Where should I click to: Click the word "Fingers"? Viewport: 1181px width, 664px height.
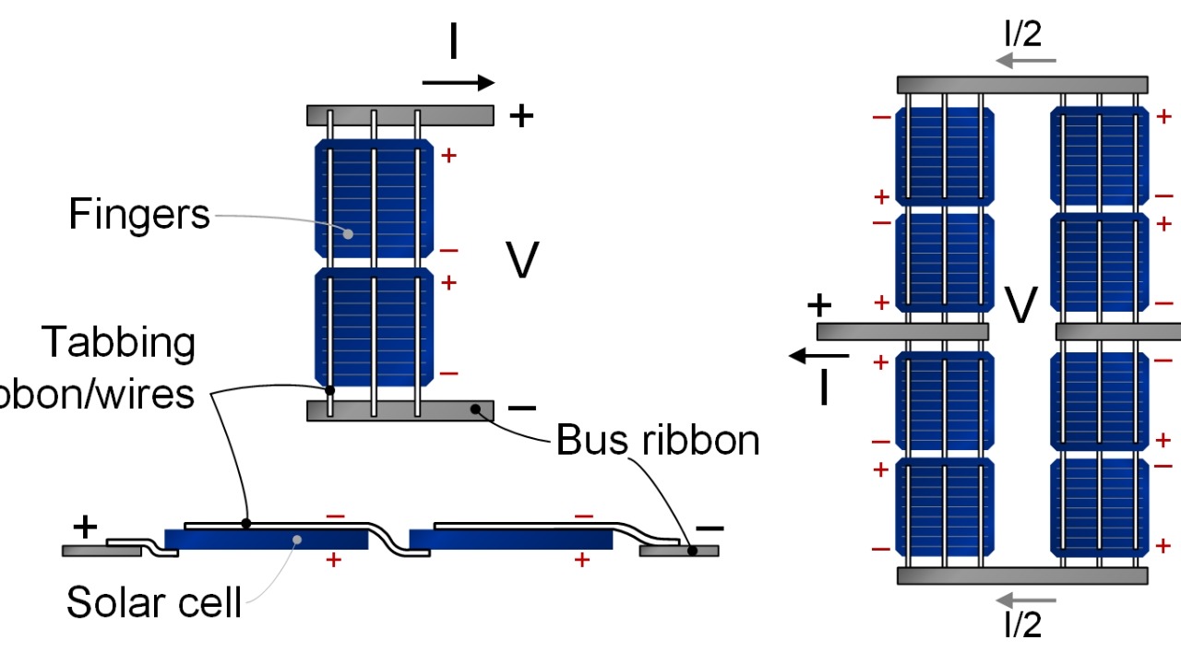(x=139, y=215)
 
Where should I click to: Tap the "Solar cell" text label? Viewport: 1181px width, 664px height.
(x=153, y=602)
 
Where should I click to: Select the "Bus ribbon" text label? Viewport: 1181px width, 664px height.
(x=658, y=441)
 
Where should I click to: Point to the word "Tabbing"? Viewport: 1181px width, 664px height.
(x=119, y=342)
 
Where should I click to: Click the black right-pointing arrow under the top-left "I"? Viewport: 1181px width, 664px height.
(x=459, y=83)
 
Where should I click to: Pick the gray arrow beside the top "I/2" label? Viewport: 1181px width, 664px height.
(x=1025, y=62)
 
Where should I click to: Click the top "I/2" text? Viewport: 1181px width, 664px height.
(x=1023, y=34)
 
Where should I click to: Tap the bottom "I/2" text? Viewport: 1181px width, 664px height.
(x=1023, y=624)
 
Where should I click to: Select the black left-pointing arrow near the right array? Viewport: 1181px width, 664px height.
(x=819, y=355)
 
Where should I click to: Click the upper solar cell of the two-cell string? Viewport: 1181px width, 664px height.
(x=374, y=198)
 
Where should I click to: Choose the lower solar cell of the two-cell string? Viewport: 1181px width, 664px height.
(x=374, y=327)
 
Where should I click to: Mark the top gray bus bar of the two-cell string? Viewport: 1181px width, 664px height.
(x=400, y=115)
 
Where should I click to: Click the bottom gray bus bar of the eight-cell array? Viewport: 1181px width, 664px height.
(x=1022, y=575)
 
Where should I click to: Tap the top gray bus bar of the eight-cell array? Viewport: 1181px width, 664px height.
(x=1022, y=85)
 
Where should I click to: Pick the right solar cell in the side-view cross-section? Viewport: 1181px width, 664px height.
(x=510, y=539)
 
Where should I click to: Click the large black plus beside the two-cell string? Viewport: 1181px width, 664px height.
(x=522, y=115)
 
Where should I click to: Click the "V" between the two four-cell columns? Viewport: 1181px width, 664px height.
(x=1021, y=306)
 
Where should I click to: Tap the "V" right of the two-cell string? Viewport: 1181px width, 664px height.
(x=523, y=261)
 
